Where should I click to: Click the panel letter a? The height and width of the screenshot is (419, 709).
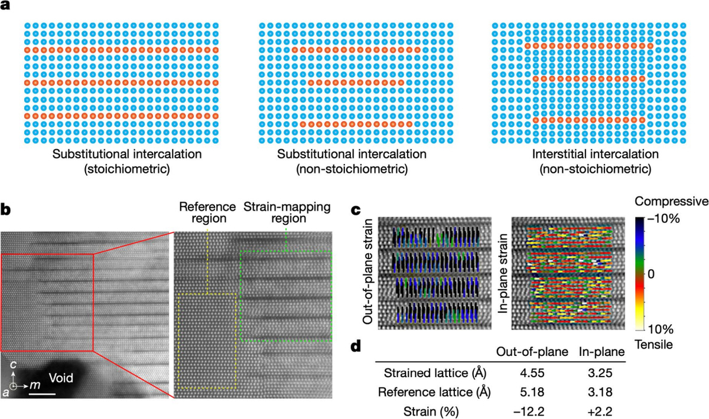pyautogui.click(x=5, y=5)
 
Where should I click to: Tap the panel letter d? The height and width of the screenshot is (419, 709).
pyautogui.click(x=356, y=346)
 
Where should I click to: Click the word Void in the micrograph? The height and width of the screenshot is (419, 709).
pyautogui.click(x=61, y=378)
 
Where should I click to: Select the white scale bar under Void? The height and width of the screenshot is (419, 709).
pyautogui.click(x=42, y=394)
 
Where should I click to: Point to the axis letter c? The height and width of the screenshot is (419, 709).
pyautogui.click(x=13, y=365)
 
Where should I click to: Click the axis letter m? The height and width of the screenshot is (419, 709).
pyautogui.click(x=35, y=385)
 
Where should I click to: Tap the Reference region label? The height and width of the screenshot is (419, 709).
pyautogui.click(x=207, y=212)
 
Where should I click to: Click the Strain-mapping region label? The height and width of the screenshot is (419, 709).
pyautogui.click(x=287, y=212)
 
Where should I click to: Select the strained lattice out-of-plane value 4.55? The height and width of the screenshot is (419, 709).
pyautogui.click(x=532, y=373)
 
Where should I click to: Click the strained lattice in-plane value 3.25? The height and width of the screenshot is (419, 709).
pyautogui.click(x=600, y=373)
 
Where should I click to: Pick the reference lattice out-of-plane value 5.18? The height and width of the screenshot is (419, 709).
pyautogui.click(x=532, y=392)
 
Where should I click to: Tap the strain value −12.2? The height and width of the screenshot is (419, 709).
pyautogui.click(x=529, y=411)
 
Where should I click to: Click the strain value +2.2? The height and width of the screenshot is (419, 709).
pyautogui.click(x=600, y=411)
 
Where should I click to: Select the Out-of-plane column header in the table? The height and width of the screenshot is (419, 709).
pyautogui.click(x=532, y=352)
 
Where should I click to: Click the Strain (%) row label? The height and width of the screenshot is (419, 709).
pyautogui.click(x=431, y=412)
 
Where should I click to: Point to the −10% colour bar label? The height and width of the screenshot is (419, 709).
pyautogui.click(x=664, y=218)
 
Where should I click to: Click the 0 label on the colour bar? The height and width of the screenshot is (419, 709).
pyautogui.click(x=651, y=274)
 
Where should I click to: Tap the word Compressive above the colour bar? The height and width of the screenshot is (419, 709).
pyautogui.click(x=671, y=201)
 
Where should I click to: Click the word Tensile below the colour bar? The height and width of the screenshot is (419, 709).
pyautogui.click(x=653, y=345)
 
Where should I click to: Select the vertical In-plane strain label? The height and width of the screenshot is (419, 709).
pyautogui.click(x=503, y=274)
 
